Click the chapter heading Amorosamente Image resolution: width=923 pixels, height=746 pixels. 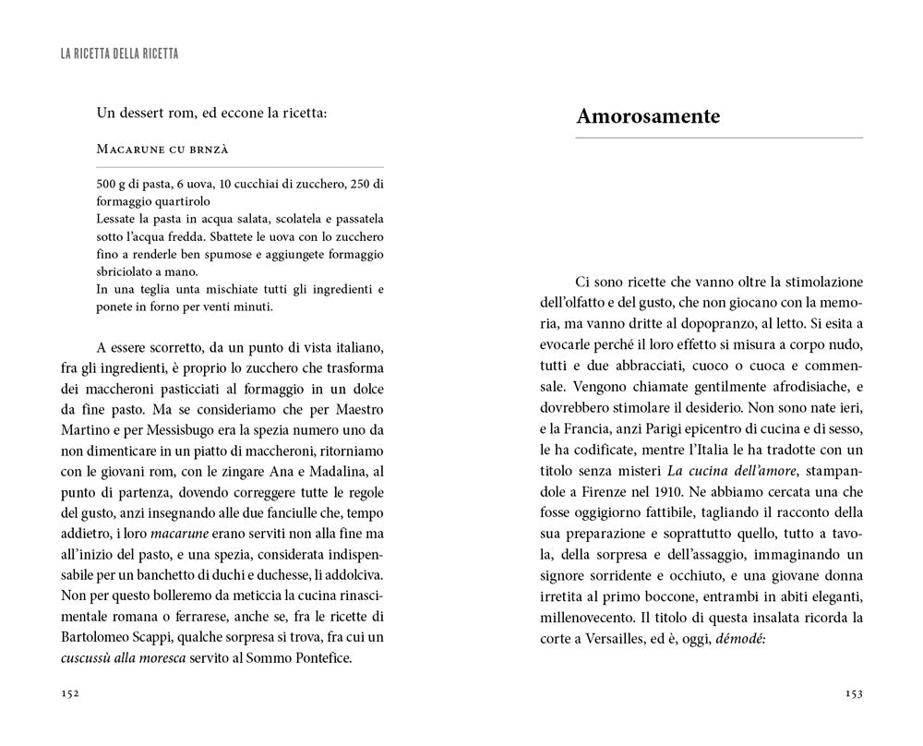pyautogui.click(x=647, y=117)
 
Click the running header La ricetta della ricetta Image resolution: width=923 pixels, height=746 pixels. pyautogui.click(x=119, y=55)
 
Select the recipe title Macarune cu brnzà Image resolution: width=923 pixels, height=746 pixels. pyautogui.click(x=162, y=149)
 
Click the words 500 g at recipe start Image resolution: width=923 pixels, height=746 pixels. pyautogui.click(x=112, y=183)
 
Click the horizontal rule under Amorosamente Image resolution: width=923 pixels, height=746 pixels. pyautogui.click(x=719, y=138)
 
